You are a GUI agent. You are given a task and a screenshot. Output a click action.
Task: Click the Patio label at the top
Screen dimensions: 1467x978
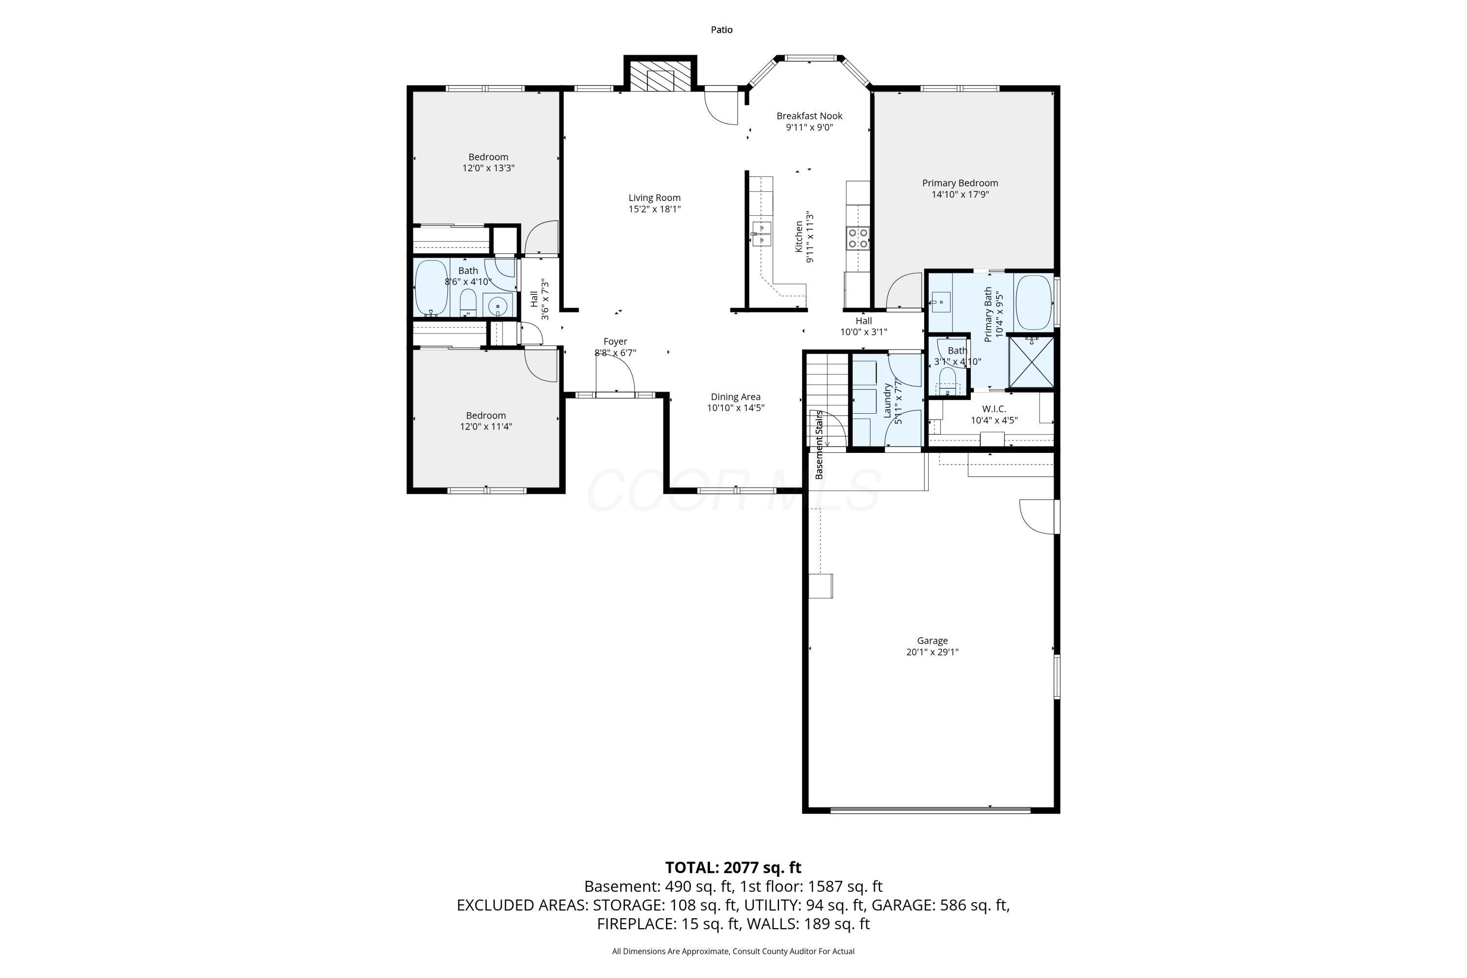[x=722, y=29]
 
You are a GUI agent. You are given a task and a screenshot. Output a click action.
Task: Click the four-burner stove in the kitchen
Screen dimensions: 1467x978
[x=858, y=238]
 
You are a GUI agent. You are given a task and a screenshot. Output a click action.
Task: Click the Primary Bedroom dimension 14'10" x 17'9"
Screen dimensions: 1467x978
[x=960, y=194]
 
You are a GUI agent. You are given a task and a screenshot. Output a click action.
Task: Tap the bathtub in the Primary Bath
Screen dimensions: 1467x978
[x=1034, y=303]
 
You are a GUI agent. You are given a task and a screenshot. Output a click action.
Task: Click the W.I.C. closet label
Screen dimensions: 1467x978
[x=994, y=408]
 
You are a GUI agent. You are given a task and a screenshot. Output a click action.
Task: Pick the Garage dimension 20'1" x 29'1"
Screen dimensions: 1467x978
[x=933, y=652]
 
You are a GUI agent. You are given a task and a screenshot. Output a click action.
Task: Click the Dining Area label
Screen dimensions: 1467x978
[x=735, y=397]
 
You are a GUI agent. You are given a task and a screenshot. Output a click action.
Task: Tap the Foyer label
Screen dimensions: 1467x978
[x=615, y=341]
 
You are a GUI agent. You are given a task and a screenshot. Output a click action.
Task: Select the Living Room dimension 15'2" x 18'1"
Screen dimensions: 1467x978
[x=654, y=209]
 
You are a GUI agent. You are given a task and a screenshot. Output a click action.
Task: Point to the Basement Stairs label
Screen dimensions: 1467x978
[x=819, y=444]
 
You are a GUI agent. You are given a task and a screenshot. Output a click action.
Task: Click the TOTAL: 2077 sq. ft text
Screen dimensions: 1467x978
[x=733, y=867]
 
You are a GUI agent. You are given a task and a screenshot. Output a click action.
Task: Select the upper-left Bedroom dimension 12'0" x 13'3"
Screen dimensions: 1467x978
[x=489, y=168]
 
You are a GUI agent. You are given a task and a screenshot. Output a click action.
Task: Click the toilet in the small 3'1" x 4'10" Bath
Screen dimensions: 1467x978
[x=948, y=380]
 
